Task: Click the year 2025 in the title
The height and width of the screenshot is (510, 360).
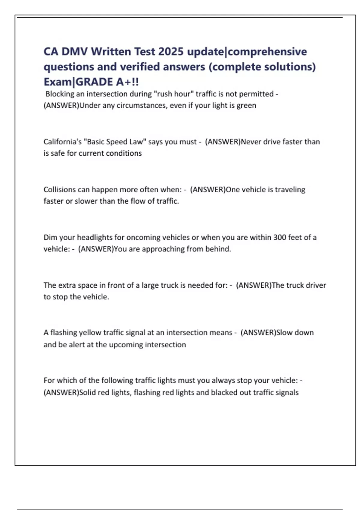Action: coord(171,52)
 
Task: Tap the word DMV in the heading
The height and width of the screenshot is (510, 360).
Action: coord(75,52)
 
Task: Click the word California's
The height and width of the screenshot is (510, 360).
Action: coord(63,142)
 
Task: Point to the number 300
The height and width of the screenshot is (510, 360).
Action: coord(280,238)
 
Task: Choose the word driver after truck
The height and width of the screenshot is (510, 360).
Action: coord(315,285)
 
